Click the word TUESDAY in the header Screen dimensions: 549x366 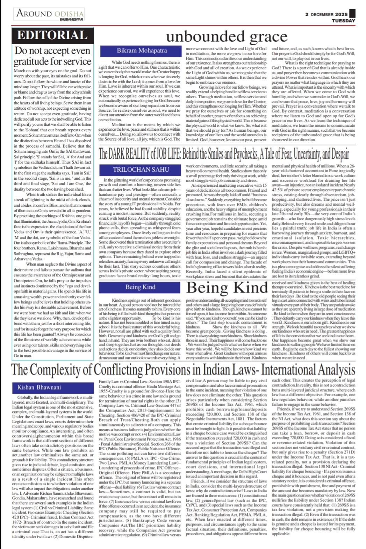(x=343, y=21)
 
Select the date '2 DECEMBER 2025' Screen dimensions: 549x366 (x=326, y=14)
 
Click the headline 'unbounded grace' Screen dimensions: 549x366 (x=227, y=36)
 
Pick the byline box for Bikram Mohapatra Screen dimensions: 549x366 (x=142, y=50)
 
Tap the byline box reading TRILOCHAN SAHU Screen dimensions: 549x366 (x=141, y=169)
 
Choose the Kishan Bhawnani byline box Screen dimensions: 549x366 (x=40, y=387)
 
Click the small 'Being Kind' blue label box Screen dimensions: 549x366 (x=141, y=287)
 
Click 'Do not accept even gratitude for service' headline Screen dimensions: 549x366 (x=52, y=56)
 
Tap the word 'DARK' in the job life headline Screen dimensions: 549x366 (x=120, y=154)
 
